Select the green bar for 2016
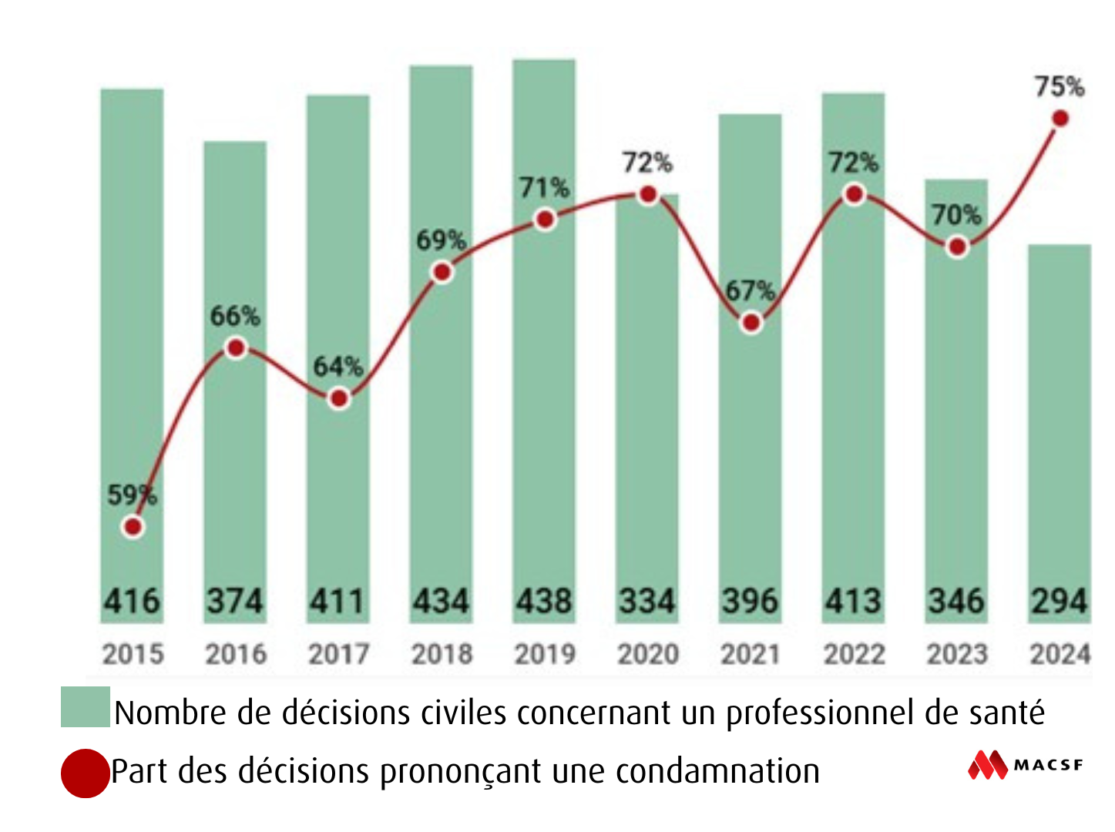pos(235,462)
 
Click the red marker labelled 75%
pos(1060,119)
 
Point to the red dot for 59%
pos(133,527)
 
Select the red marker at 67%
pos(751,323)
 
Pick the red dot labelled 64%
pos(338,399)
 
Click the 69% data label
pos(441,240)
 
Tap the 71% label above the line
pos(544,187)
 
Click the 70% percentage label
pos(956,215)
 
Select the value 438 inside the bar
pos(544,602)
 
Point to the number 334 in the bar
pos(647,602)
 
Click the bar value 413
pos(853,602)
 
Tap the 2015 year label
pos(133,654)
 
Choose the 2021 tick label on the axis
pos(751,654)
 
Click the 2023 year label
pos(956,654)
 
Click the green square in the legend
pos(85,706)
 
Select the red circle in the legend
pos(85,773)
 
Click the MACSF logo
pos(1025,765)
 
